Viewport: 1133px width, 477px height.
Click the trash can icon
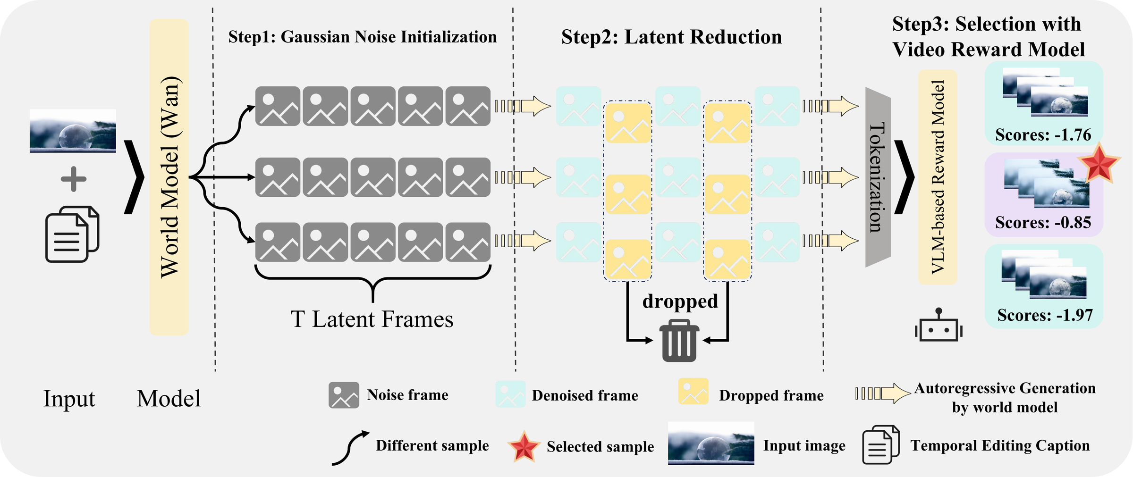(x=679, y=341)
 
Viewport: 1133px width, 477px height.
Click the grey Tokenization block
(x=878, y=177)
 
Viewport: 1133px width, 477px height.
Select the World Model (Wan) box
(x=169, y=177)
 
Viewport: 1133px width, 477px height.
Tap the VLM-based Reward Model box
(x=938, y=177)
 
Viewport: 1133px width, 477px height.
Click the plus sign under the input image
(x=74, y=179)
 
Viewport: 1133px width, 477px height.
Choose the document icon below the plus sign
(x=72, y=234)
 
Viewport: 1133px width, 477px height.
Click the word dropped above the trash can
(x=680, y=301)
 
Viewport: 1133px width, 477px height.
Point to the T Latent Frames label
(x=372, y=319)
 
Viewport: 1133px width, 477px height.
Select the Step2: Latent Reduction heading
(x=671, y=37)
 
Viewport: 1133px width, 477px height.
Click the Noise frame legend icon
(x=344, y=395)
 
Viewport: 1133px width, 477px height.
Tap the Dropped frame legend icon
(x=693, y=392)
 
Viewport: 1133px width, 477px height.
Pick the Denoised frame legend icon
(x=510, y=394)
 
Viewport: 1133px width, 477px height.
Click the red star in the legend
(x=524, y=446)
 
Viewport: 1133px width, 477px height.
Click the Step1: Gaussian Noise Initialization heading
(x=363, y=37)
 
